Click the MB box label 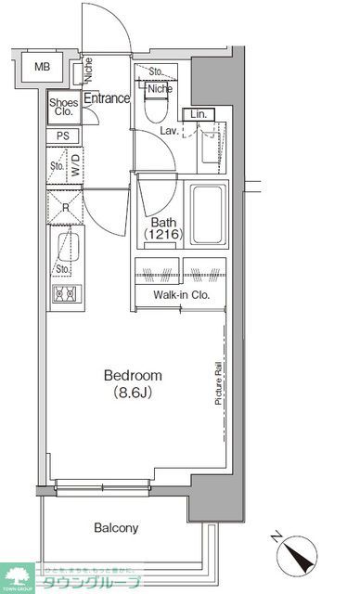pos(43,67)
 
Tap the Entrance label pos(108,98)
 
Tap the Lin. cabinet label pos(198,114)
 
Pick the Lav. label pos(168,131)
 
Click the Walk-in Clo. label pos(181,295)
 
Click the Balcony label pos(116,528)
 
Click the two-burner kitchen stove pos(64,295)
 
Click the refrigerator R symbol pos(64,207)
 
